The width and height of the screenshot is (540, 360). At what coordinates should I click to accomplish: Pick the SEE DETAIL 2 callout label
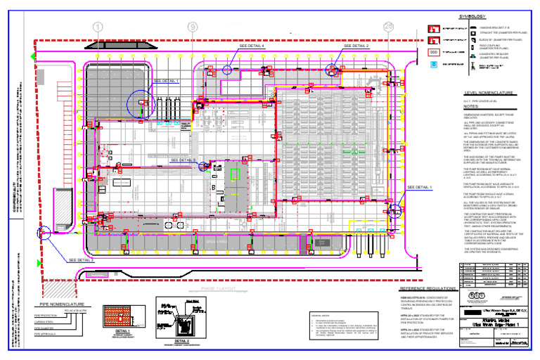click(356, 46)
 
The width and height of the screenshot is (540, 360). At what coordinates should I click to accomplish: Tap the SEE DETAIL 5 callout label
click(184, 160)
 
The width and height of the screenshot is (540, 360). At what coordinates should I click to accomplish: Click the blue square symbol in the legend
click(433, 64)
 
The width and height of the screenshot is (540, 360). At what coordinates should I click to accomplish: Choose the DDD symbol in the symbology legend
click(433, 52)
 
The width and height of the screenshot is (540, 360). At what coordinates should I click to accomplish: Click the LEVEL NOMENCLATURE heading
click(489, 93)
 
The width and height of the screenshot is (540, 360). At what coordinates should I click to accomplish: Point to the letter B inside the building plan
click(213, 188)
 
